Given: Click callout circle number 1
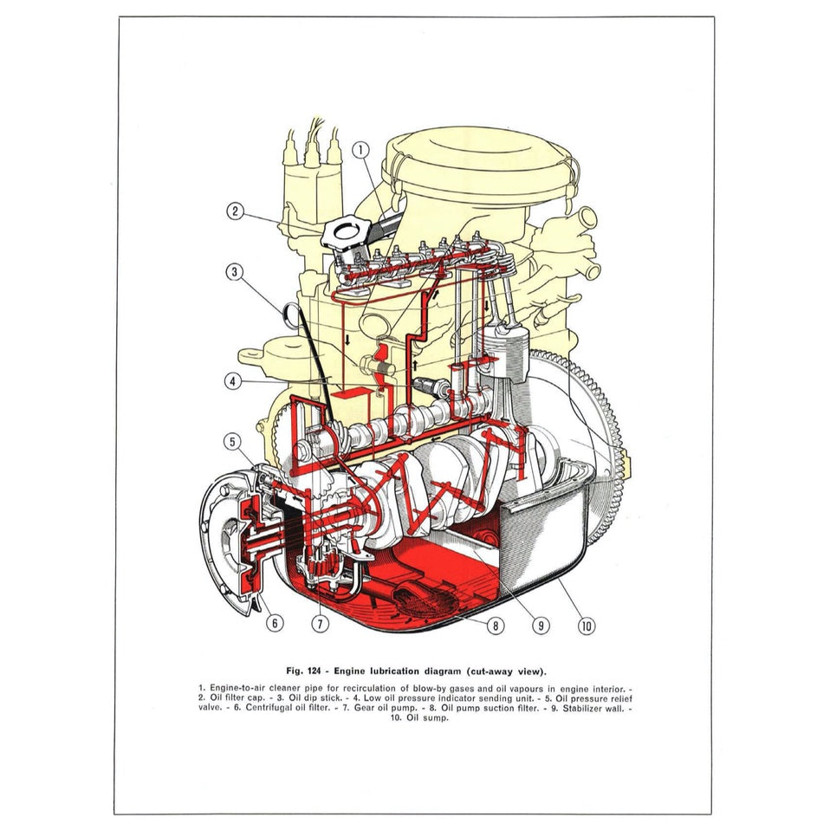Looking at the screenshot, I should (360, 150).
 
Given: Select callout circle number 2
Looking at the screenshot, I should (236, 211).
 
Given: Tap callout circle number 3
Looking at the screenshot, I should (235, 272).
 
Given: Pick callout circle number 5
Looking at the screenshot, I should (232, 441).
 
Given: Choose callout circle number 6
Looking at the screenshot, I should (275, 621).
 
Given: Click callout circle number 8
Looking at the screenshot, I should (495, 623).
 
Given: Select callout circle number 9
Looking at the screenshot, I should (541, 623).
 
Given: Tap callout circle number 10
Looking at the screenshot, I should (587, 623).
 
